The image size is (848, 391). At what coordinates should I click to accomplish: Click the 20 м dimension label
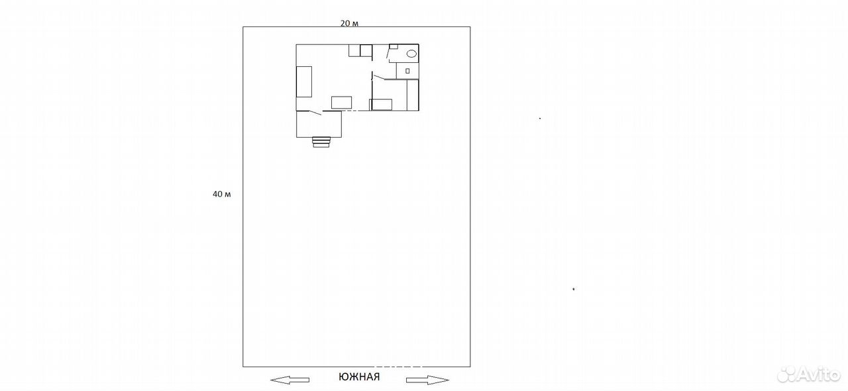349,23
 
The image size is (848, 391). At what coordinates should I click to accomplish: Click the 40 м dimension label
221,194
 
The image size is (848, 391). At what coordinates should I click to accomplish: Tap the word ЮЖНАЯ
359,376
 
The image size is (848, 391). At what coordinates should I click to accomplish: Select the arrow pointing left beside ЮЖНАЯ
290,380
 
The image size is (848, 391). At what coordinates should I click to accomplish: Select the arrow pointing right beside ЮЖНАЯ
427,380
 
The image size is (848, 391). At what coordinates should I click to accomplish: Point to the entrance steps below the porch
321,142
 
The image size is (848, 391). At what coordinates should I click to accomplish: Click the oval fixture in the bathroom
412,54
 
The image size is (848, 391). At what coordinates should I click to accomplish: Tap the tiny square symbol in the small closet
407,71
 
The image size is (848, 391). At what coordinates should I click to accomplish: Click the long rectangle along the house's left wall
304,81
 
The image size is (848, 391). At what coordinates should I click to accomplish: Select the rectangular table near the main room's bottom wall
341,103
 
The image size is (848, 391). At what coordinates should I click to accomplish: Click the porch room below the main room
319,124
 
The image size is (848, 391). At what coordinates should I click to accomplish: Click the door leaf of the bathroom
388,52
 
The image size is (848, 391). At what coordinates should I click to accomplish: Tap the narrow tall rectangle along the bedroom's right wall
413,95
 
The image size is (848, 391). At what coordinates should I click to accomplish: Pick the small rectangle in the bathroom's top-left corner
394,46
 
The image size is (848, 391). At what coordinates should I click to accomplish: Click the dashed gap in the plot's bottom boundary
398,367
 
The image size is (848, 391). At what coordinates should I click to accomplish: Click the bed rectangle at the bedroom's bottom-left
381,105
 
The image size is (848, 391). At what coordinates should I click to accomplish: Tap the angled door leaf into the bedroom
380,77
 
